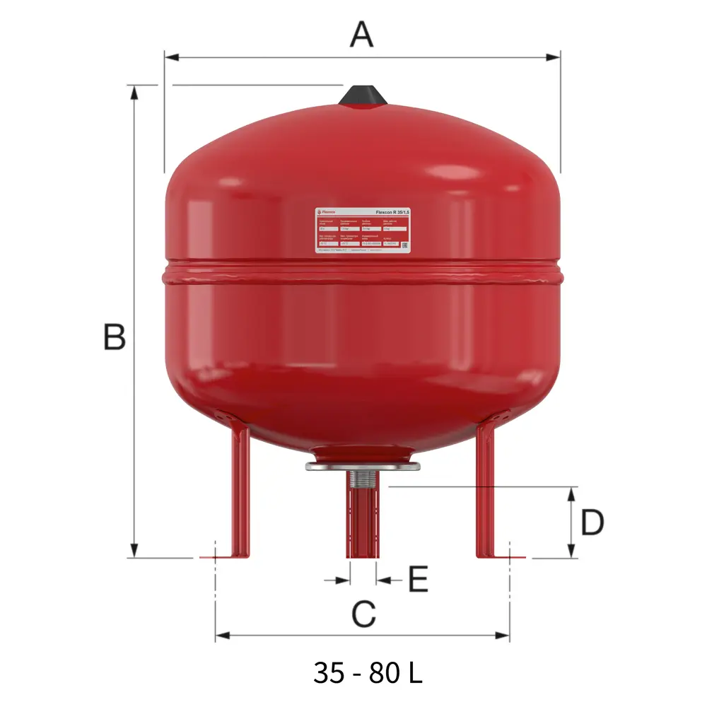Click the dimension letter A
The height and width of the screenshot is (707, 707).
coord(361,33)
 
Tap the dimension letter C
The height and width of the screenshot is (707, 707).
coord(363,614)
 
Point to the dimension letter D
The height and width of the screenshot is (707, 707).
coord(592,522)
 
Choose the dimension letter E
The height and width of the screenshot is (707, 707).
coord(418,580)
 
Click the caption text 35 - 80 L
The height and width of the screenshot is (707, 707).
coord(368,672)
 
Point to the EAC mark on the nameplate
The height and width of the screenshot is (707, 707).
coord(405,245)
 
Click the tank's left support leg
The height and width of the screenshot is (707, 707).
coord(236,488)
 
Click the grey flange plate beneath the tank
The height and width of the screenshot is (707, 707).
coord(363,466)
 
